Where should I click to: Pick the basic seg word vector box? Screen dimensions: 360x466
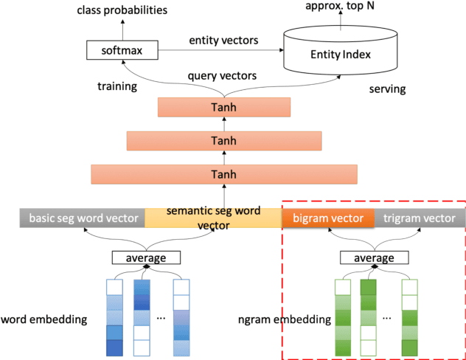(82, 218)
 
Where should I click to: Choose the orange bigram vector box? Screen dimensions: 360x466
(327, 218)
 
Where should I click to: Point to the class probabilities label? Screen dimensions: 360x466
(122, 11)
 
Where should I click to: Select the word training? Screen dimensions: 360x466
(117, 86)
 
